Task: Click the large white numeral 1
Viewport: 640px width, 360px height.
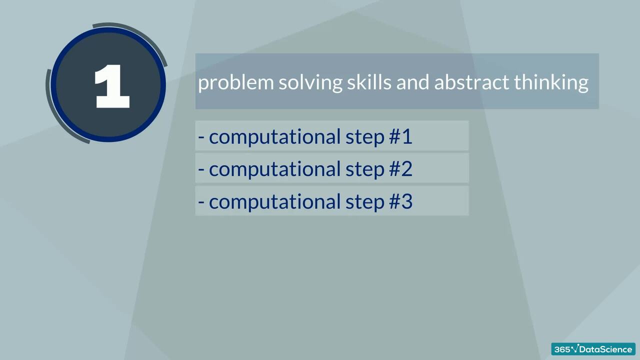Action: (x=112, y=87)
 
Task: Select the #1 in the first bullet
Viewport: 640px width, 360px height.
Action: (x=400, y=136)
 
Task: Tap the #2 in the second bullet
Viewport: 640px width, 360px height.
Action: (x=400, y=169)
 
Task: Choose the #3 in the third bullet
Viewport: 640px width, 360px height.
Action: (x=400, y=201)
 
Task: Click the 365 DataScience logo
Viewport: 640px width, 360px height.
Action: (x=593, y=349)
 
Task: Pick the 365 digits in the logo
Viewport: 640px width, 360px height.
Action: (x=562, y=349)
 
